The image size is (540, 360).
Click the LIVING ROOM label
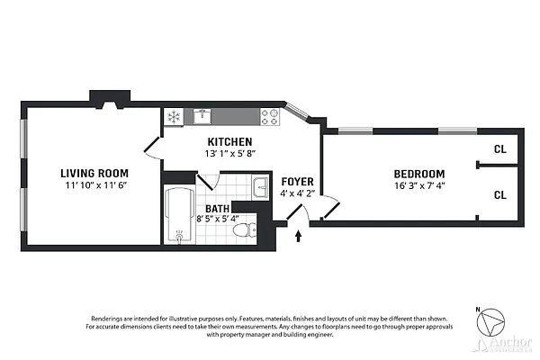point(94,173)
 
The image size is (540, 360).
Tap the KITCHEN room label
point(229,142)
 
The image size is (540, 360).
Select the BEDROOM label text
point(421,174)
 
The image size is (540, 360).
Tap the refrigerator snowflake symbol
point(174,116)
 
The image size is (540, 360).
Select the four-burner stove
point(270,115)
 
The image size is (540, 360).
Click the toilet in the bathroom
point(240,231)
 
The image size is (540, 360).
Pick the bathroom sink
point(259,188)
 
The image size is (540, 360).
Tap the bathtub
point(180,216)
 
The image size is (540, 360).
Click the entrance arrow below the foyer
point(299,236)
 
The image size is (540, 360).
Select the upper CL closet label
point(499,149)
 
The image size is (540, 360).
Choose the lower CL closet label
point(499,193)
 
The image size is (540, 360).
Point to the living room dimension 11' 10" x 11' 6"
point(94,185)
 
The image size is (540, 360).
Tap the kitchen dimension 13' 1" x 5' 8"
point(229,154)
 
